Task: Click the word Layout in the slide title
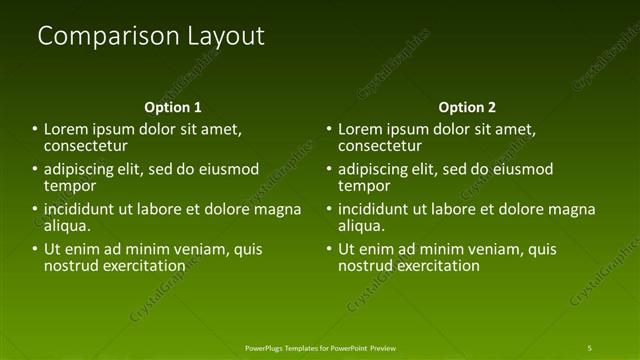point(226,36)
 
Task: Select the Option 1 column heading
point(173,106)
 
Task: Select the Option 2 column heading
point(467,106)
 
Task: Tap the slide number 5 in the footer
point(589,347)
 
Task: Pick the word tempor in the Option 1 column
point(70,186)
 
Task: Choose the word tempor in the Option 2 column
point(364,186)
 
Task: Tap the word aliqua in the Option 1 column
point(69,226)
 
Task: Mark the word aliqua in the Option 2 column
point(363,226)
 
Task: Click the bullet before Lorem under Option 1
point(34,129)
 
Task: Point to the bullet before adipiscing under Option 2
point(328,169)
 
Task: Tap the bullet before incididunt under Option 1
point(34,209)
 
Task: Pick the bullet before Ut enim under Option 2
point(328,249)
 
